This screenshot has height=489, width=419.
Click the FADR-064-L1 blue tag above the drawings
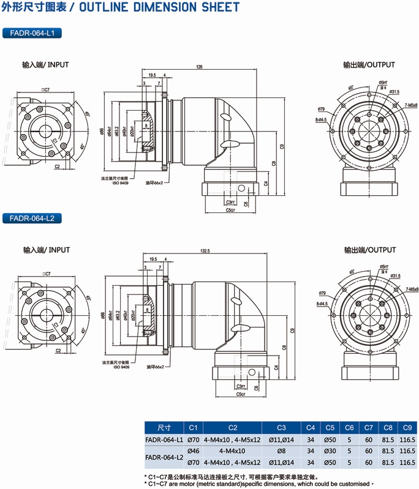pyautogui.click(x=32, y=33)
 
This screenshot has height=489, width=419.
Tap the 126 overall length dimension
pyautogui.click(x=200, y=66)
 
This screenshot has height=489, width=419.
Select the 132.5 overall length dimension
pyautogui.click(x=205, y=251)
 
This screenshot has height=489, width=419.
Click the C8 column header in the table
pyautogui.click(x=388, y=428)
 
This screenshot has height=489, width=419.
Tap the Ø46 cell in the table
pyautogui.click(x=194, y=451)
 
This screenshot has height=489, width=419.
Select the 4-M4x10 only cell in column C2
pyautogui.click(x=232, y=451)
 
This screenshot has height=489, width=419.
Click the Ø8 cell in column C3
pyautogui.click(x=282, y=451)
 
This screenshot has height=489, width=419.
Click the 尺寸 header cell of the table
pyautogui.click(x=164, y=428)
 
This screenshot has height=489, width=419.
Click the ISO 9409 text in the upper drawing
pyautogui.click(x=121, y=182)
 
